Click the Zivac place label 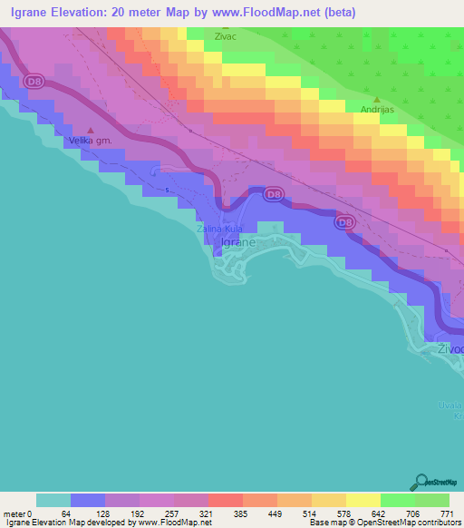click(226, 37)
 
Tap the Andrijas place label click(377, 110)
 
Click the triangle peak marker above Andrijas click(377, 99)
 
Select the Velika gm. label click(88, 141)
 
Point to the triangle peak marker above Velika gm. click(90, 130)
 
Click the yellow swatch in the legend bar click(362, 500)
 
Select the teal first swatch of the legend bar click(53, 500)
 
